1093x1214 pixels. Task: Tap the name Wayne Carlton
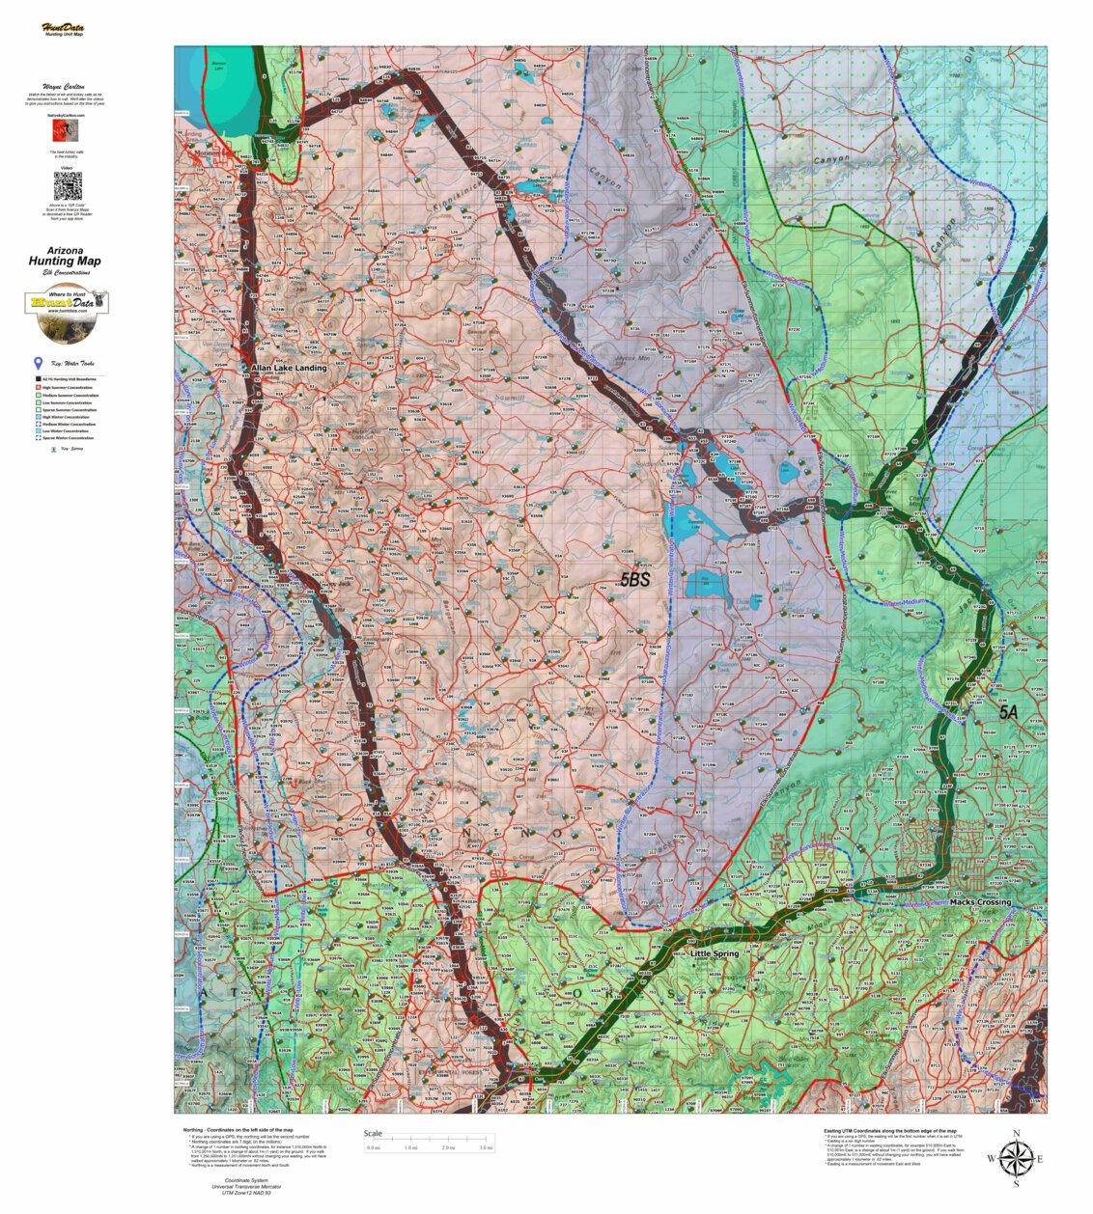65,86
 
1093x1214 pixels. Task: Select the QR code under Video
67,186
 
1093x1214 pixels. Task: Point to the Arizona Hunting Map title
65,257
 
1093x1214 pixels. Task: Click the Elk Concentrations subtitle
65,272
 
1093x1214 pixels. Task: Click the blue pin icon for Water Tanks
39,364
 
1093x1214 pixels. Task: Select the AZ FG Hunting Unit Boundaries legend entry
66,380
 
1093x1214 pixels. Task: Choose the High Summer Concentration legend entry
66,388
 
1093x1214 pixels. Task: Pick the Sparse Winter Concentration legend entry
66,438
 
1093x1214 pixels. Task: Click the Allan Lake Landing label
289,368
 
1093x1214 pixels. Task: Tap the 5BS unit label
634,580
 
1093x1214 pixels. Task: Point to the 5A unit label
1008,712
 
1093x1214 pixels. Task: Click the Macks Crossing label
980,902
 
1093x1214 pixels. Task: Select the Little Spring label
715,953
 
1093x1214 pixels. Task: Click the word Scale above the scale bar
373,1134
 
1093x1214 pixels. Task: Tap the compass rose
1015,1158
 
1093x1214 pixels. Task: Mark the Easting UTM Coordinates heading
889,1130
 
